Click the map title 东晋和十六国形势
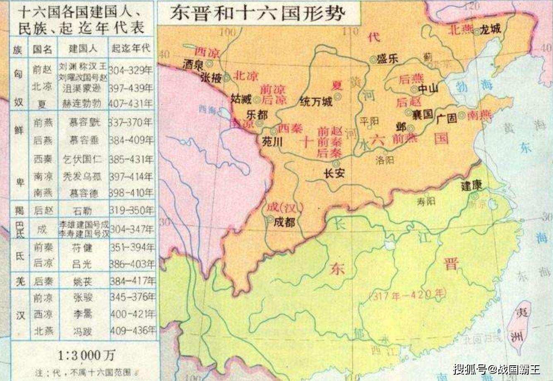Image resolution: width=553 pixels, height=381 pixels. [x=257, y=13]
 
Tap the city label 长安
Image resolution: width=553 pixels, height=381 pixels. [x=334, y=173]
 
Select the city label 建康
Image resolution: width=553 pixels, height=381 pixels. [x=471, y=186]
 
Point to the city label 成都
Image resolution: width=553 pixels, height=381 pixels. [x=284, y=222]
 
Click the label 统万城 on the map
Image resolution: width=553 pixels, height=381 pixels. [x=316, y=101]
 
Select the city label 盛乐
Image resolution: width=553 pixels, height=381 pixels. [x=387, y=59]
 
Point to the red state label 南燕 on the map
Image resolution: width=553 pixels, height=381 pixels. [x=479, y=115]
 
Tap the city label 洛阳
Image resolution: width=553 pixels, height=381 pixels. [x=385, y=160]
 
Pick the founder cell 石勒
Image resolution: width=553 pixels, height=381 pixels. [x=82, y=211]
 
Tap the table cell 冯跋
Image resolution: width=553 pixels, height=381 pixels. [x=83, y=331]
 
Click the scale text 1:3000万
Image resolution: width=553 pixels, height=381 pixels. [x=86, y=355]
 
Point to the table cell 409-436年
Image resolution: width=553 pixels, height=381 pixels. [x=132, y=330]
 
